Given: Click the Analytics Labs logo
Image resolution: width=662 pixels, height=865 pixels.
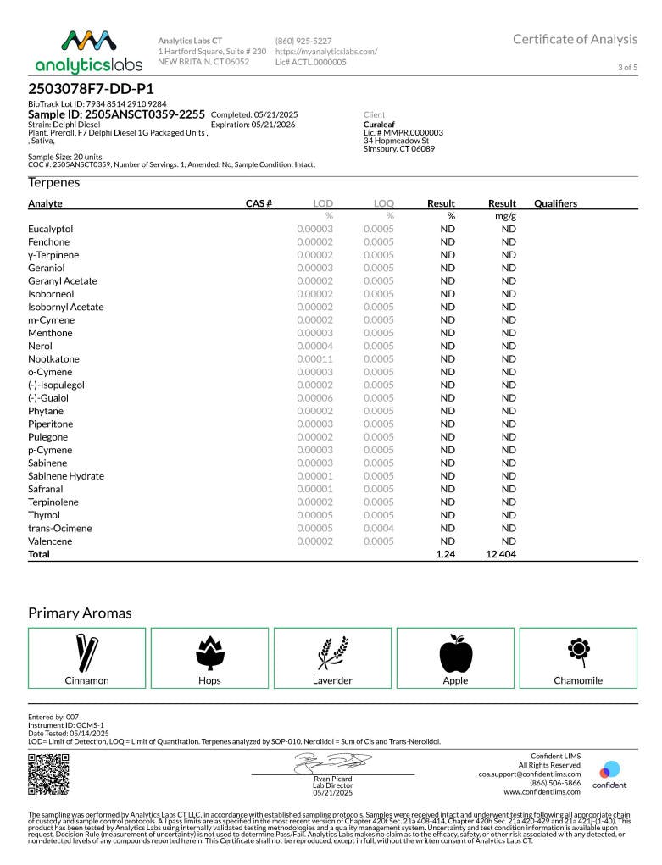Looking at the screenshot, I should coord(88,53).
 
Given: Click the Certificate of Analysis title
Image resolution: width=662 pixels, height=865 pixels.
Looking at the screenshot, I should coord(575,39).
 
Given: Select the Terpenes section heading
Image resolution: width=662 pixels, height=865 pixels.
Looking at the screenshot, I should coord(54,182).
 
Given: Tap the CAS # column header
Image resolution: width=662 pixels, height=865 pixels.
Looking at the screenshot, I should coord(259,203).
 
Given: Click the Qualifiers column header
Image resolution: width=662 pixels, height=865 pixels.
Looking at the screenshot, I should coord(556,203).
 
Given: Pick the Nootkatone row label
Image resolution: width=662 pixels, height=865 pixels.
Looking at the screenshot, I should coord(53,359).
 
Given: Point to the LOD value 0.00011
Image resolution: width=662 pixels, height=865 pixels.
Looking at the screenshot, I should coord(314,359).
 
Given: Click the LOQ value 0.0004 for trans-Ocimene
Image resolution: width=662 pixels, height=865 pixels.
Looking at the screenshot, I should coord(379,528).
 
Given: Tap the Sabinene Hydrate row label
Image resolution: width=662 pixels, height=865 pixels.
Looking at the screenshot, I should coord(66,476).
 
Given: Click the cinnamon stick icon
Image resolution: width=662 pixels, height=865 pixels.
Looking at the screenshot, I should coord(86,652).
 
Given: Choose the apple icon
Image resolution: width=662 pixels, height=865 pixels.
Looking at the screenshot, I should coord(455,652).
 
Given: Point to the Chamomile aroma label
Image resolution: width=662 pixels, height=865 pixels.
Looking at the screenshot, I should coord(578,680).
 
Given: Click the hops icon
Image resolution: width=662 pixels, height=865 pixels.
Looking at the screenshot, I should coord(209,652).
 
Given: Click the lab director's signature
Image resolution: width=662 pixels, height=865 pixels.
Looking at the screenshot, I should coord(332,762).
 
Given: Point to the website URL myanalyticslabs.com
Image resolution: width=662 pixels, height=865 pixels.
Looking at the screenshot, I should coord(326,51).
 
